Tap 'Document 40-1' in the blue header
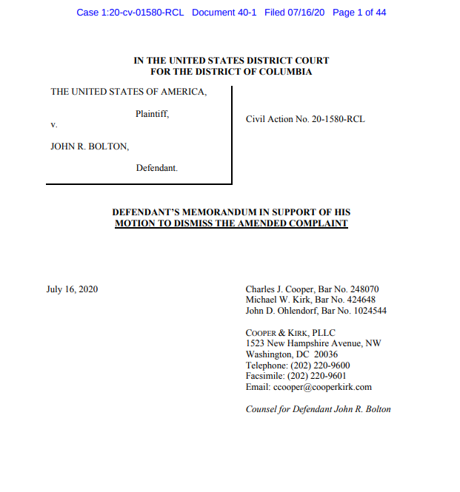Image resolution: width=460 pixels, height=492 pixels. (224, 13)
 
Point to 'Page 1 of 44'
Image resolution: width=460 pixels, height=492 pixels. (360, 13)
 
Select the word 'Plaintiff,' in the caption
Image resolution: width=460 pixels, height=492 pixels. (153, 114)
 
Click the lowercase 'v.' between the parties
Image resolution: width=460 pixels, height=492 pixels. (54, 124)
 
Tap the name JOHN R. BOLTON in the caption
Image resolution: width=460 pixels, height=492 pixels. (90, 146)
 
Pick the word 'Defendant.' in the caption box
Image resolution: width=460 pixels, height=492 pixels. (157, 168)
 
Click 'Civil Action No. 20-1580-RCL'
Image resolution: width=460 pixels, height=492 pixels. (305, 119)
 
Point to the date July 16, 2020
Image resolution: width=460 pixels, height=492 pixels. (72, 289)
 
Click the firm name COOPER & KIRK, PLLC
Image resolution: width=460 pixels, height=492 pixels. (290, 333)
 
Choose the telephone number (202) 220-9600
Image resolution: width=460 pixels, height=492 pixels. (322, 365)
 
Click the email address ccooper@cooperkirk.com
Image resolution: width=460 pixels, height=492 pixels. (322, 387)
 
